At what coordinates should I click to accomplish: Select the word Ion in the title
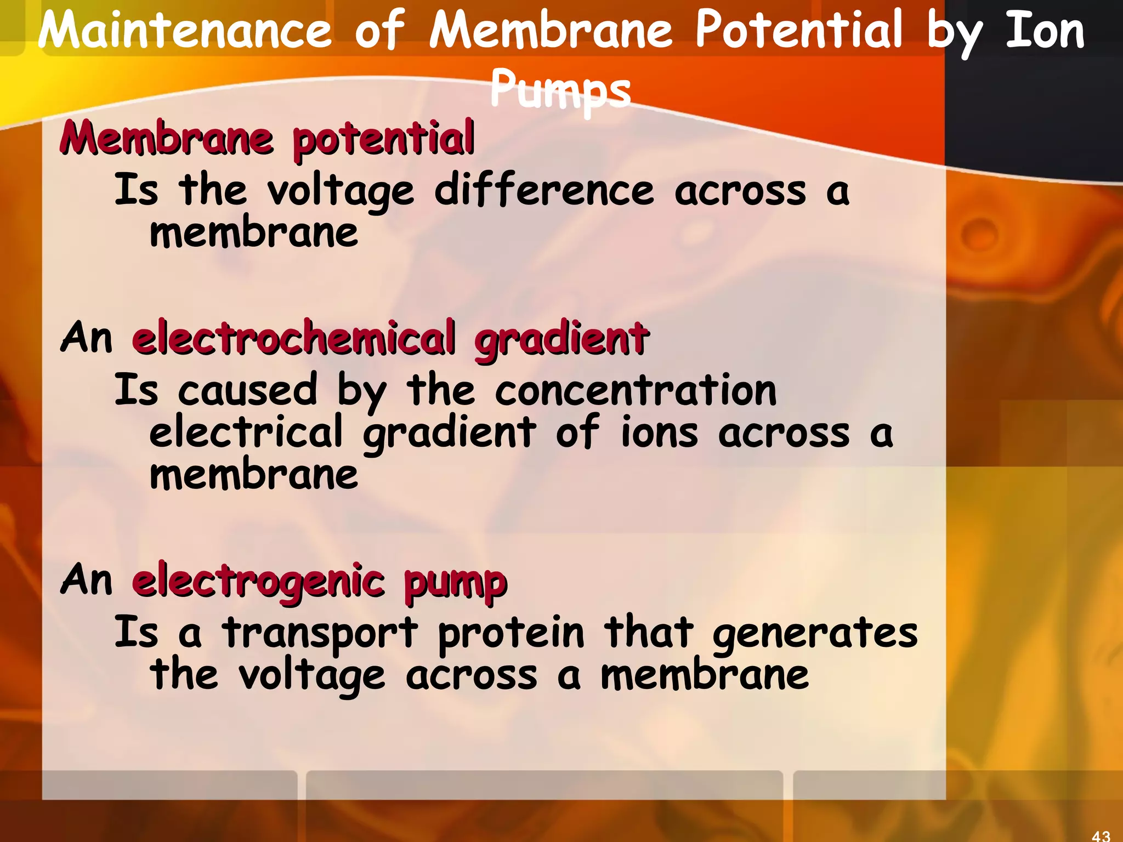[x=1045, y=31]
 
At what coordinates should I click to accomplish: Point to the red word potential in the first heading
[x=383, y=139]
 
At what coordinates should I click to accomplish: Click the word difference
[x=544, y=190]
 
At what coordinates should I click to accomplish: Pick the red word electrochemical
[x=293, y=338]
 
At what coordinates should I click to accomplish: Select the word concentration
[x=636, y=390]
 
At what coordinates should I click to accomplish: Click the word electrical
[x=246, y=432]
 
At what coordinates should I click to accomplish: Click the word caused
[x=247, y=390]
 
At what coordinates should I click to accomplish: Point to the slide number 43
[x=1101, y=835]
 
